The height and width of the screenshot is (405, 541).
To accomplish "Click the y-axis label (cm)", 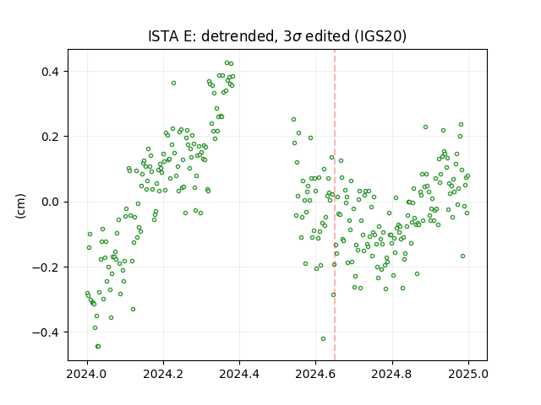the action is (x=20, y=206).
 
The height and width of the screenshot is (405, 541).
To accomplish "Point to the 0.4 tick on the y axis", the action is (x=51, y=72).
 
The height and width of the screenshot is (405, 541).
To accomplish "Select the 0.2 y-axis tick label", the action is (x=51, y=137).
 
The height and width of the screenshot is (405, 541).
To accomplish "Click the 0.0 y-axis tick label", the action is (x=51, y=202).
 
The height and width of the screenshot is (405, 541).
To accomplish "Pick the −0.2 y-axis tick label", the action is (x=46, y=267).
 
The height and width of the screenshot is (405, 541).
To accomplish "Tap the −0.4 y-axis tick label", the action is (x=46, y=332).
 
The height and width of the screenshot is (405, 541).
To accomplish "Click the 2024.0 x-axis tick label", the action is (x=87, y=374).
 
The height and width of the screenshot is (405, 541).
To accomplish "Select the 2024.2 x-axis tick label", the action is (x=163, y=374).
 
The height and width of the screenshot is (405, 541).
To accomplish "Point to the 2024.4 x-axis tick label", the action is (x=239, y=374).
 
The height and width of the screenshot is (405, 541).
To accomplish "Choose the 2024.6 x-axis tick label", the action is (x=315, y=374).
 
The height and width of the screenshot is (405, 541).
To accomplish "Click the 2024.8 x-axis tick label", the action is (x=392, y=374).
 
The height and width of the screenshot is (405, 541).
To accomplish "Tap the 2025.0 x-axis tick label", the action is (x=468, y=374).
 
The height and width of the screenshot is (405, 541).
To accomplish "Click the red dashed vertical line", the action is (x=335, y=205).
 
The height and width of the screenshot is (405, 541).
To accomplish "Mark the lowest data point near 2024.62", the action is (x=323, y=338).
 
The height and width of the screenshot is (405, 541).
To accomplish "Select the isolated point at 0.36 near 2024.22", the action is (x=173, y=83).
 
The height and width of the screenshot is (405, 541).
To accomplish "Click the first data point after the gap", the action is (x=293, y=120).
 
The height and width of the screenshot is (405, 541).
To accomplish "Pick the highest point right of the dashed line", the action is (x=461, y=124).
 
